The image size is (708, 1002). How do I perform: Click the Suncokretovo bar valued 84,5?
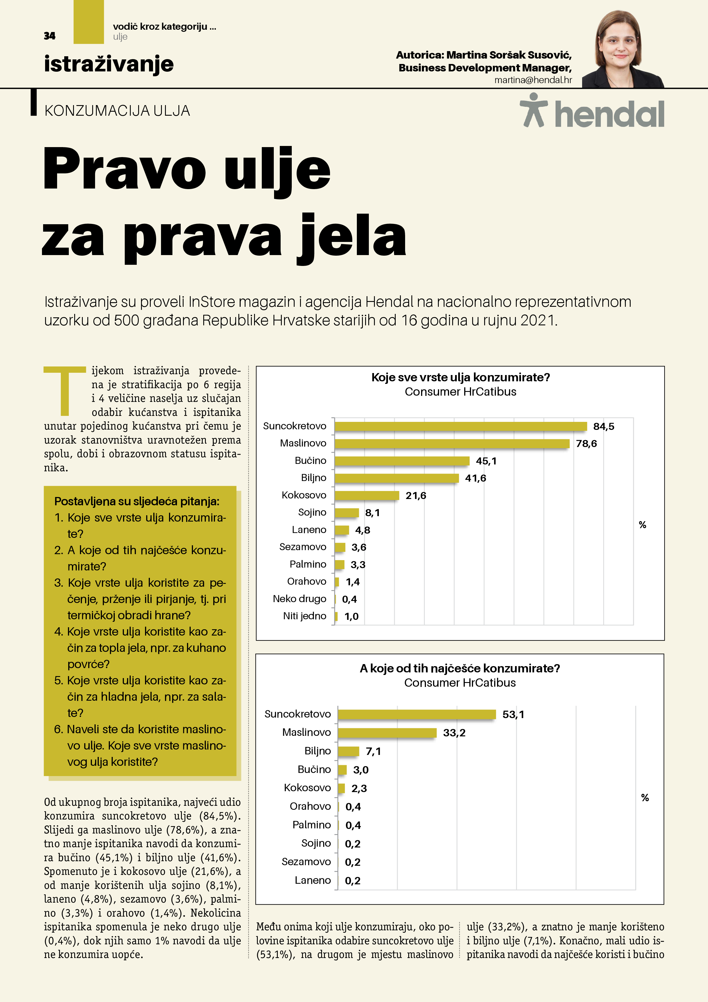[460, 426]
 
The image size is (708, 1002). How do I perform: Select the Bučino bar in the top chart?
[401, 461]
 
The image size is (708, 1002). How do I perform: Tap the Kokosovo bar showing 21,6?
[367, 495]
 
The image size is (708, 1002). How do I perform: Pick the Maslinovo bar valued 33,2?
[387, 733]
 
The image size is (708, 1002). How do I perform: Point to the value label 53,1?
[513, 714]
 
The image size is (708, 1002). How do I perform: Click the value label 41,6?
[475, 478]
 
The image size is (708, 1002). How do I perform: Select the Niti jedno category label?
[305, 616]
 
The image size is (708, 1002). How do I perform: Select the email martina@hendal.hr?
[533, 80]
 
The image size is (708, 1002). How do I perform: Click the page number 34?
[50, 36]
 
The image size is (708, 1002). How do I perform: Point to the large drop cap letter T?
[65, 390]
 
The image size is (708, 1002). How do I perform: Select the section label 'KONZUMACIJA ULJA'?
[117, 111]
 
